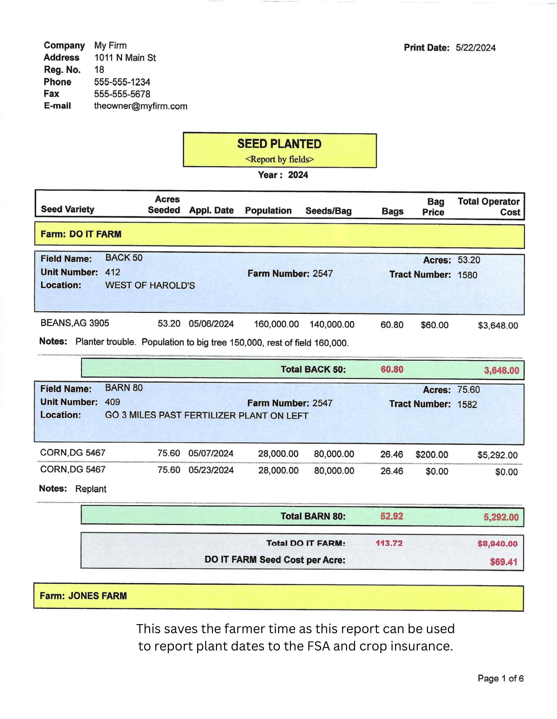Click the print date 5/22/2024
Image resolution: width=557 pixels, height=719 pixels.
click(x=475, y=48)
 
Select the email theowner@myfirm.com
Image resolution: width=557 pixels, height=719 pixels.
click(x=141, y=106)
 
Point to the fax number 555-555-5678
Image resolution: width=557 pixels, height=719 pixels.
click(x=122, y=94)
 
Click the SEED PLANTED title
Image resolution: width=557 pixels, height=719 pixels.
click(x=279, y=144)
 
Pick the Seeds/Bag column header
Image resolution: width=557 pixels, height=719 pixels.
click(x=328, y=211)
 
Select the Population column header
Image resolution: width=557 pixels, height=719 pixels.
click(x=268, y=211)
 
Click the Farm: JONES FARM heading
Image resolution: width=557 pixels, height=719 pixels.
click(x=83, y=596)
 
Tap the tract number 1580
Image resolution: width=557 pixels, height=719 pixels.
click(x=467, y=275)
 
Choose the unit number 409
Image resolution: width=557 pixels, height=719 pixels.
click(x=113, y=402)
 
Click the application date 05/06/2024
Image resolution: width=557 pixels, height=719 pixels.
click(x=211, y=324)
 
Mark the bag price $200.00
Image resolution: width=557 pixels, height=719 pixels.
click(x=432, y=455)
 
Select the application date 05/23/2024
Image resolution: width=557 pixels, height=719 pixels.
click(x=211, y=470)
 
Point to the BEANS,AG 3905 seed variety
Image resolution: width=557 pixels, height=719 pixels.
click(x=75, y=323)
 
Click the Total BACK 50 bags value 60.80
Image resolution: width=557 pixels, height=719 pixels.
click(x=392, y=369)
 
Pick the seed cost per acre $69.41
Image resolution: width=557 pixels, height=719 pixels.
click(x=503, y=562)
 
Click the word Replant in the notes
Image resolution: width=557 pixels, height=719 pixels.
click(x=91, y=489)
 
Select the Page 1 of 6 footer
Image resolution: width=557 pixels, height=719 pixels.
click(x=501, y=678)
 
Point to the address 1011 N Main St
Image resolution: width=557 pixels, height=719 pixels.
click(x=125, y=58)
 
